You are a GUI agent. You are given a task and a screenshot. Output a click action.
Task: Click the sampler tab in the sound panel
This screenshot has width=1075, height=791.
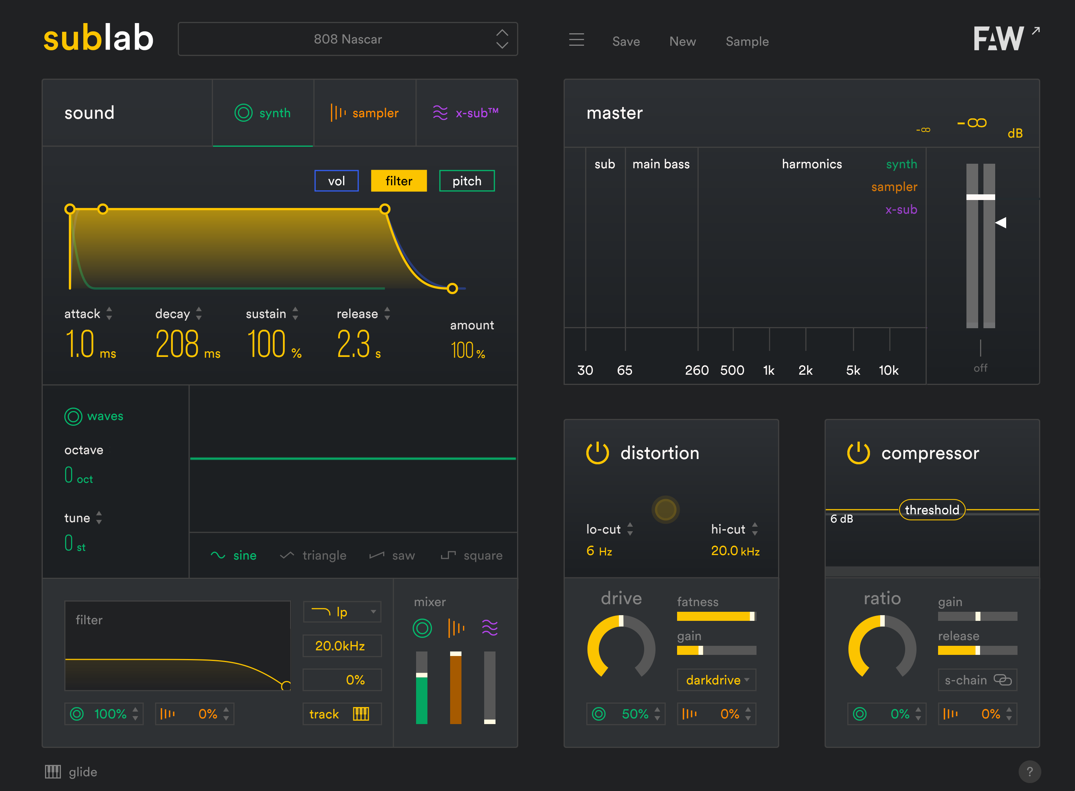(x=365, y=113)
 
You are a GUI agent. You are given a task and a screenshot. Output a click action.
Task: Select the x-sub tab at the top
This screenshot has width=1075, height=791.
(x=466, y=113)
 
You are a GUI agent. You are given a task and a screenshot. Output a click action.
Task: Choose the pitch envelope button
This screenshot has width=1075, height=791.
(x=467, y=181)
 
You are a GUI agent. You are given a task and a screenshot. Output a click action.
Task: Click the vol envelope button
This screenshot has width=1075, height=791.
(x=336, y=181)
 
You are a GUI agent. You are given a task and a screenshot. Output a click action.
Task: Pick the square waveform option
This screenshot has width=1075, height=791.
(x=472, y=555)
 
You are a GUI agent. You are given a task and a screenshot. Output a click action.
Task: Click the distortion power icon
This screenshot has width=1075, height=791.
(x=597, y=453)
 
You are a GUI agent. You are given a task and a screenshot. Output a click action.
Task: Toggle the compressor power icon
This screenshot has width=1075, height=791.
(x=858, y=453)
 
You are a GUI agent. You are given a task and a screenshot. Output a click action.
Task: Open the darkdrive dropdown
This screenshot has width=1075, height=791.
(x=716, y=680)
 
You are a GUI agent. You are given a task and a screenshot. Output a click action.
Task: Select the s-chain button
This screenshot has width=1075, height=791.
(x=977, y=680)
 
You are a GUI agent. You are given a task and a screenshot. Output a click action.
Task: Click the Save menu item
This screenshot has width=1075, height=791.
(x=626, y=42)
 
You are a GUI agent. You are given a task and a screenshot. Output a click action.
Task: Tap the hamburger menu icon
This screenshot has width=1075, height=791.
(x=576, y=40)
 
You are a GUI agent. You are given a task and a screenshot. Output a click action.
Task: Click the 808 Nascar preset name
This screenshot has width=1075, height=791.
(x=348, y=39)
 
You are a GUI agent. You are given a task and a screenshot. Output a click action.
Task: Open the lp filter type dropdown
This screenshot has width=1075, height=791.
(x=342, y=612)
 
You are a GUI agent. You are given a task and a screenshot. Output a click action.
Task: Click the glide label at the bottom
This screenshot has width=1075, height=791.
(x=82, y=772)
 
